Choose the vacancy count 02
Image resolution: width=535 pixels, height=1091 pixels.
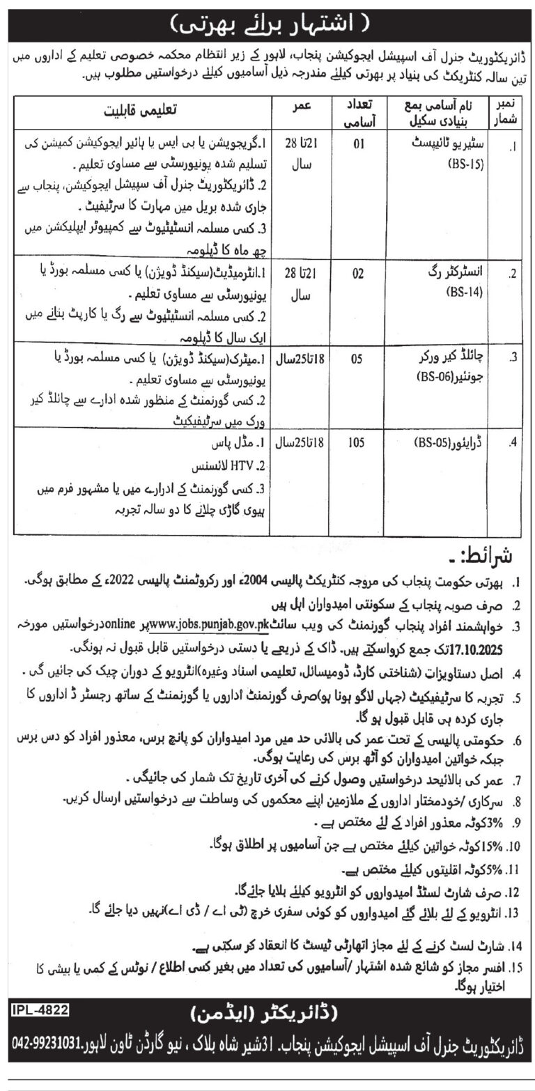pyautogui.click(x=357, y=273)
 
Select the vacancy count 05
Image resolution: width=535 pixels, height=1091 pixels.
pyautogui.click(x=357, y=361)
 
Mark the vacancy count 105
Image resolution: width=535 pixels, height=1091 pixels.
pyautogui.click(x=357, y=443)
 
